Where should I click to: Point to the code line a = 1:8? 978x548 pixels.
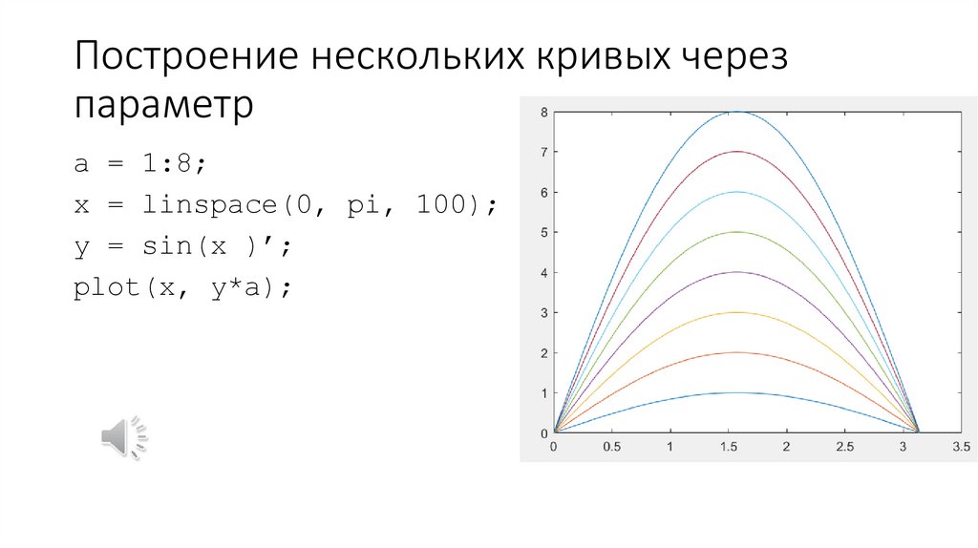140,163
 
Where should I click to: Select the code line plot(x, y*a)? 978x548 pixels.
181,286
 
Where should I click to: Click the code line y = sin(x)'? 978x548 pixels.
181,245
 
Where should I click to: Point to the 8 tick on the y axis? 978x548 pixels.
543,112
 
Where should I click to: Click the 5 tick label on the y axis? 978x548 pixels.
543,232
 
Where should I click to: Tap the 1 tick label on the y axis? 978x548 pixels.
543,392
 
